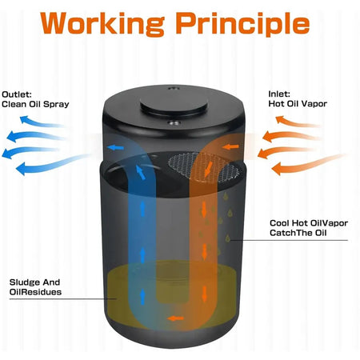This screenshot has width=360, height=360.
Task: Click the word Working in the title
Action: pos(102,23)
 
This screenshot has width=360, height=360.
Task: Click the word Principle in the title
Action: pos(243,23)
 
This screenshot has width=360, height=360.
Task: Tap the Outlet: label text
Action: pos(17,94)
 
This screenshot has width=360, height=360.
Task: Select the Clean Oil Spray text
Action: pos(35,104)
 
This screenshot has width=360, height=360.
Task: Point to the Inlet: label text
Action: pos(279,94)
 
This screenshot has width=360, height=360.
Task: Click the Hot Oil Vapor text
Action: pos(298,104)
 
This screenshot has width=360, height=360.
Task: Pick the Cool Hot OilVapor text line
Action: pos(309,223)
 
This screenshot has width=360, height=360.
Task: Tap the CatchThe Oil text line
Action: pos(298,233)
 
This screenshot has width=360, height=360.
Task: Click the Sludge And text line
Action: pos(34,282)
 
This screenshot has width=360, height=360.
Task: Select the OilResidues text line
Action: pos(35,292)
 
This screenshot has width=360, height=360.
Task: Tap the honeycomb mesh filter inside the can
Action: pos(204,167)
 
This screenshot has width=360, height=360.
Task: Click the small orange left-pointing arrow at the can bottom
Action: pos(175,318)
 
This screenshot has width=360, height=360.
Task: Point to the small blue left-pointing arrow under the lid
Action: pos(115,147)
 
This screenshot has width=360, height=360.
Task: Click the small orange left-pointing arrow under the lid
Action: pos(230,146)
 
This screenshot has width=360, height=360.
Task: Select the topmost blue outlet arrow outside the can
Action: pos(42,122)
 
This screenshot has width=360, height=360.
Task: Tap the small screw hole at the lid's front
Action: pos(174,123)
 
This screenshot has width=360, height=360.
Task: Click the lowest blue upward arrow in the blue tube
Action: pos(142,297)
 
